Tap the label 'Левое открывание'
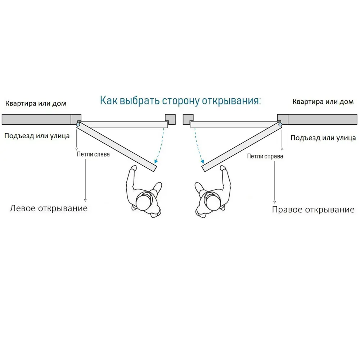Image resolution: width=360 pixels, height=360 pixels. coord(49,208)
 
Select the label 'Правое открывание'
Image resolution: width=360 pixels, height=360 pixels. coord(313,210)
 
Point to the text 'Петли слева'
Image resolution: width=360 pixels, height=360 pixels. coord(93,154)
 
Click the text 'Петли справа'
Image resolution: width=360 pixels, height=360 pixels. coord(265,156)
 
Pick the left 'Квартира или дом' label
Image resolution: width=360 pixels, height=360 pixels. coord(36,104)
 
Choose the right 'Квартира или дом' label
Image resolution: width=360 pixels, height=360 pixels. coord(323,102)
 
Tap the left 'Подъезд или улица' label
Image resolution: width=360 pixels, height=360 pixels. coord(37,136)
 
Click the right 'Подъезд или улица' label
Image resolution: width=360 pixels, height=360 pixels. coord(323,138)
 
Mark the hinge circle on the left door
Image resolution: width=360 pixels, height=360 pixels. coord(78,125)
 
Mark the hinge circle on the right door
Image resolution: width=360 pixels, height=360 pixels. coord(280,125)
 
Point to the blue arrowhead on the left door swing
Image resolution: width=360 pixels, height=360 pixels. coord(156,161)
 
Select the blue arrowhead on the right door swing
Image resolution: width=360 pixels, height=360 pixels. coord(202,161)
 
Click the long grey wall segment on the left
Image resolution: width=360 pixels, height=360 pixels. coord(36,120)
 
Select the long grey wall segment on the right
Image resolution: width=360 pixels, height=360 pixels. coord(323,120)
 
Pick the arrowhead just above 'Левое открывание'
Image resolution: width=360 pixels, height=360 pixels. coord(85,201)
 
